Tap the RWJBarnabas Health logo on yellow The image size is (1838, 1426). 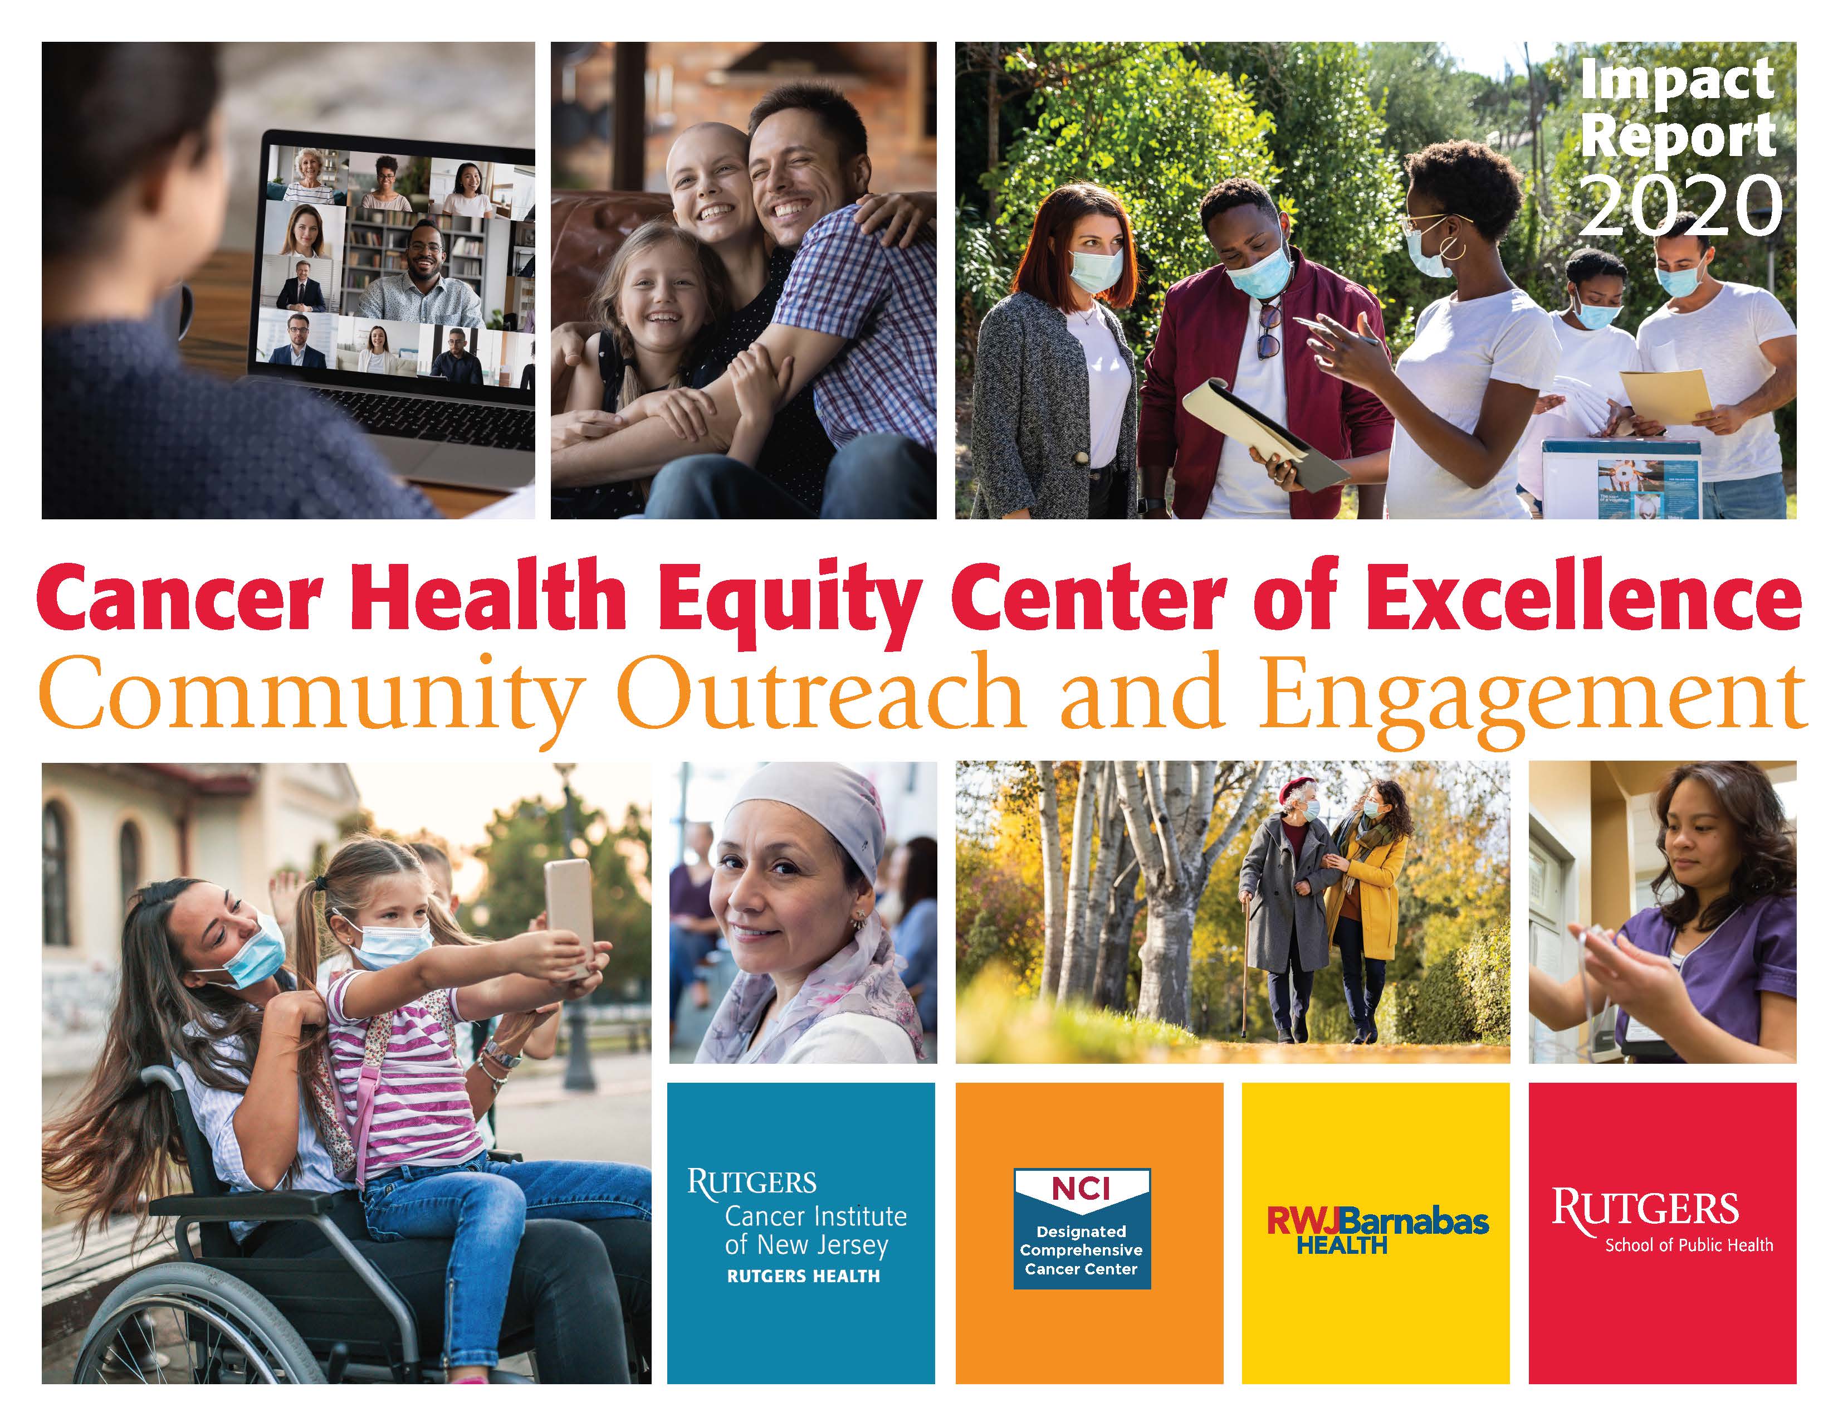coord(1377,1232)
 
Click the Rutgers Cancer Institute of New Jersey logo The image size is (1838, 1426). coord(797,1225)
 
